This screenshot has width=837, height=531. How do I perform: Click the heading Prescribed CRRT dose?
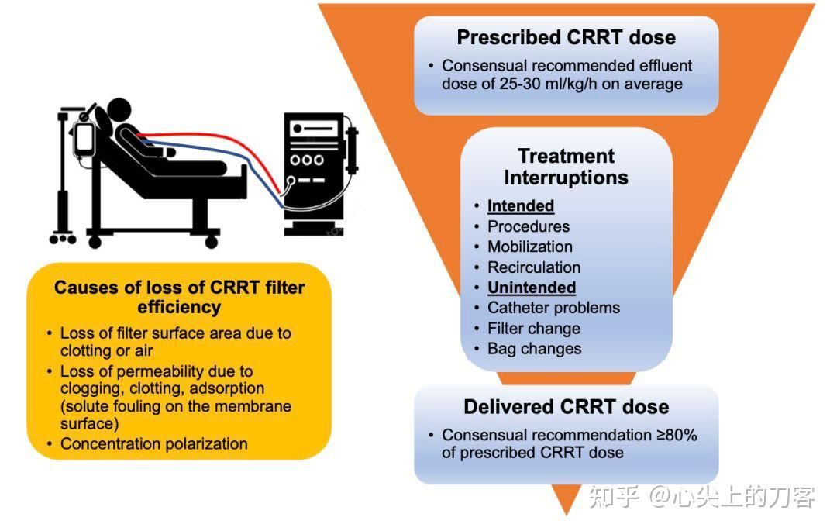pyautogui.click(x=566, y=37)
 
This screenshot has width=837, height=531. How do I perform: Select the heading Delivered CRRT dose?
pyautogui.click(x=566, y=407)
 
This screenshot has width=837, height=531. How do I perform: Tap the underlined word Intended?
pyautogui.click(x=520, y=206)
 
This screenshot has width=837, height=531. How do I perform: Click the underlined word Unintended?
pyautogui.click(x=531, y=288)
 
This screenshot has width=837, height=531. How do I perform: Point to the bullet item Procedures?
pyautogui.click(x=528, y=226)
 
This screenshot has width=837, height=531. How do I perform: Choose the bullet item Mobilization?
pyautogui.click(x=529, y=247)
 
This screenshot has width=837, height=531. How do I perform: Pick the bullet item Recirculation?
pyautogui.click(x=533, y=267)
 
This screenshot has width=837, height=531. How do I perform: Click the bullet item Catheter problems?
pyautogui.click(x=553, y=308)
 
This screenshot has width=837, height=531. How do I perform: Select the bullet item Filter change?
pyautogui.click(x=533, y=328)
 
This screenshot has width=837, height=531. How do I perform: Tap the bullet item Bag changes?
pyautogui.click(x=534, y=349)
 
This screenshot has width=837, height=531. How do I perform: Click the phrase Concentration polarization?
pyautogui.click(x=153, y=444)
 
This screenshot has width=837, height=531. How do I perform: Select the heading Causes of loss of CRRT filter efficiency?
pyautogui.click(x=179, y=298)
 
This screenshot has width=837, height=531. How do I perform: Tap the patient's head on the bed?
pyautogui.click(x=119, y=110)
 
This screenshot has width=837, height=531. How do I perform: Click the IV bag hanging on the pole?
pyautogui.click(x=83, y=137)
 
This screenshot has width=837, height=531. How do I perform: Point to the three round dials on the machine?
pyautogui.click(x=307, y=160)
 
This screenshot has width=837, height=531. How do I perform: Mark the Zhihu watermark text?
pyautogui.click(x=701, y=497)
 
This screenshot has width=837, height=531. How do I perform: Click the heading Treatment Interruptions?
pyautogui.click(x=566, y=167)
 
